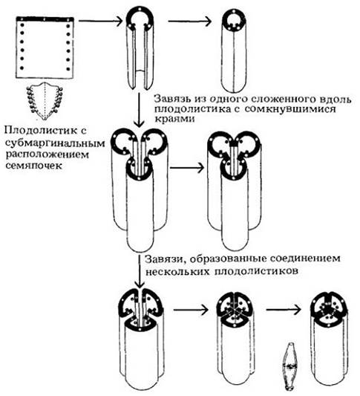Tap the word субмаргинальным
pos(55,143)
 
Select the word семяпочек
pos(33,166)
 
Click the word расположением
pos(48,155)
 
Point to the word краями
pos(174,119)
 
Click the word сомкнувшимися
pos(290,109)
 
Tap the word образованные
pos(226,259)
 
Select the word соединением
pos(304,259)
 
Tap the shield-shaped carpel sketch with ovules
pos(45,101)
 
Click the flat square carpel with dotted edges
pos(45,48)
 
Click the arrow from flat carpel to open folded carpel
pos(101,21)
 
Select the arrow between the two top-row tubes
pos(190,21)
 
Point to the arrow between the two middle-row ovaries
pos(187,167)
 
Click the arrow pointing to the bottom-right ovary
pos(284,309)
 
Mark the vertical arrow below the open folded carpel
pos(139,109)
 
